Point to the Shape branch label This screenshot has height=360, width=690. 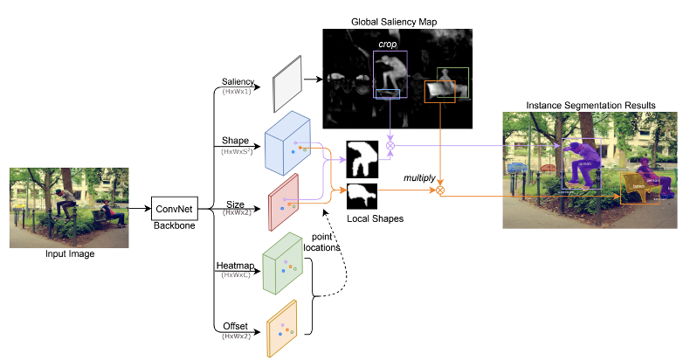pos(236,140)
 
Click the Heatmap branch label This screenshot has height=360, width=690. pos(233,266)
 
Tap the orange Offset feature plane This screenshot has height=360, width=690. pos(282,328)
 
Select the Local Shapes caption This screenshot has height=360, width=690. pos(376,218)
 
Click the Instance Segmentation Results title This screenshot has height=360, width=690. pos(590,105)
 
